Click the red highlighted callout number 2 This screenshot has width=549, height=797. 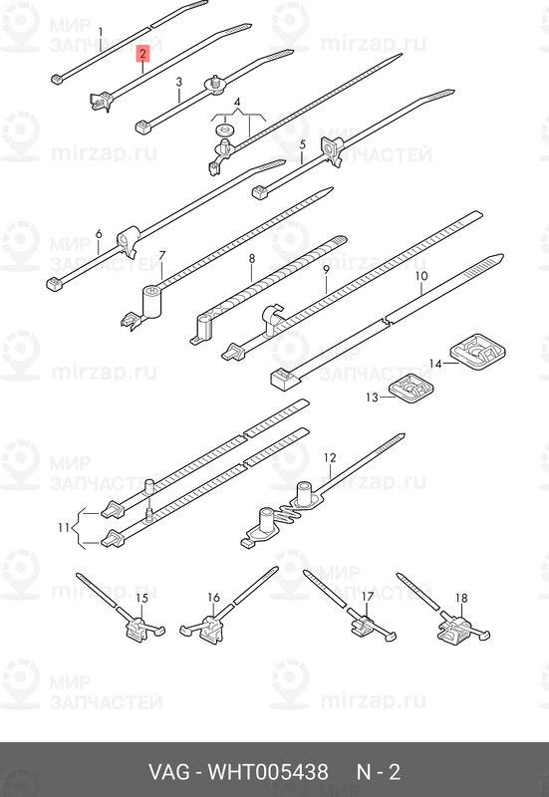[143, 54]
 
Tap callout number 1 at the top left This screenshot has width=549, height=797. [101, 33]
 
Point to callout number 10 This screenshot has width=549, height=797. [421, 276]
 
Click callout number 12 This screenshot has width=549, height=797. [330, 457]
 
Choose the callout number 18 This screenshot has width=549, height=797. [461, 598]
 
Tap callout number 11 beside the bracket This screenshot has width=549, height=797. [64, 528]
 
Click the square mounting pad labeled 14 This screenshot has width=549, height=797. [478, 351]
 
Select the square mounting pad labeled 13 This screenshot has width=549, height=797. [412, 389]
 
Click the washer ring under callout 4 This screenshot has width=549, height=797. [222, 129]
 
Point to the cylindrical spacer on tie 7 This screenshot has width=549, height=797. [152, 303]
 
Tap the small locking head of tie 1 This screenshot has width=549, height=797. [57, 79]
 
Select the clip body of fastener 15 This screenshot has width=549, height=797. [137, 629]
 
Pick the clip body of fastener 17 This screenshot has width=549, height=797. [362, 625]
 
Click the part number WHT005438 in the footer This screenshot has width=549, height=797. [268, 772]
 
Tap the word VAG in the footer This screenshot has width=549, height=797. [170, 772]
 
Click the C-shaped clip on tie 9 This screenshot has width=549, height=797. [271, 318]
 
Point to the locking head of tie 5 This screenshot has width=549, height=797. [260, 192]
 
